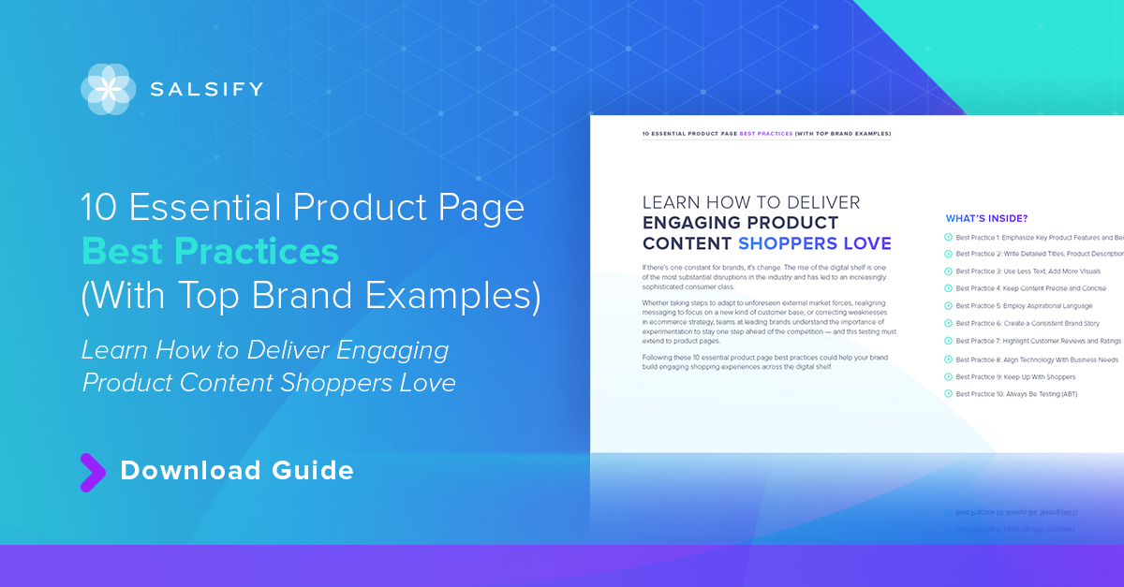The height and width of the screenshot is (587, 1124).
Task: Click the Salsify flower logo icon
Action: coord(108,89)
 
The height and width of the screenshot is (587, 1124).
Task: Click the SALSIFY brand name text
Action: coord(207,90)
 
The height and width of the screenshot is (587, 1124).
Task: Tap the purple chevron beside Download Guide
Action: coord(92,472)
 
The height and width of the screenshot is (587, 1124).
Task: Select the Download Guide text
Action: coord(237,470)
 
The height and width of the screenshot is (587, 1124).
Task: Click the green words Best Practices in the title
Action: coord(210,252)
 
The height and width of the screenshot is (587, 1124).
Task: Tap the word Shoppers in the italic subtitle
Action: coord(321,382)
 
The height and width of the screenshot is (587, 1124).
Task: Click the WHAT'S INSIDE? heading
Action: coord(986,219)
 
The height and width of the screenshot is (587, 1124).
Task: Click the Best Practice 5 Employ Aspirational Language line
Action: coord(1024,306)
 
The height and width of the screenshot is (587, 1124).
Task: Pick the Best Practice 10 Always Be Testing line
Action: coord(1016,394)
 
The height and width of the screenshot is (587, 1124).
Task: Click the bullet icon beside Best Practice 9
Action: coord(948,376)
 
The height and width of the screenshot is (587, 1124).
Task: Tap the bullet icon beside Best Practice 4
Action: coord(948,288)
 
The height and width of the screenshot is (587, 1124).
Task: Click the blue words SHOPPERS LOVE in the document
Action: coord(814,244)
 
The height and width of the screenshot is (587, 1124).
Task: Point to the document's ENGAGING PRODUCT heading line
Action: coord(740,223)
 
